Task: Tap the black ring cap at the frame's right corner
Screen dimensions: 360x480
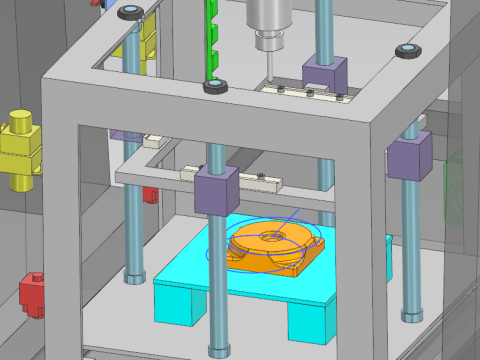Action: (407, 50)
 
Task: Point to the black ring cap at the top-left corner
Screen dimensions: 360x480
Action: (129, 12)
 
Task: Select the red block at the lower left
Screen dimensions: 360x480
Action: (33, 295)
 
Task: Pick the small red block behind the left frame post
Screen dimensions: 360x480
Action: (149, 193)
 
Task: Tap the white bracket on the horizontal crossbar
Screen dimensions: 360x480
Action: (262, 182)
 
